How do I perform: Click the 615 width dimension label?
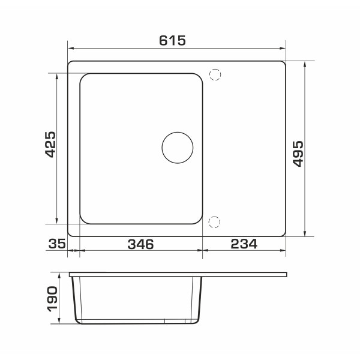pos(172,40)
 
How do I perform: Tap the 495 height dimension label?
pos(298,154)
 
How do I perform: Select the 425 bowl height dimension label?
pos(50,145)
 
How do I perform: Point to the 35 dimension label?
pos(57,244)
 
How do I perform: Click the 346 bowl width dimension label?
pos(140,244)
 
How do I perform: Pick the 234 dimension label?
pos(244,244)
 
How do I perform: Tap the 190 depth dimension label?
pos(52,299)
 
